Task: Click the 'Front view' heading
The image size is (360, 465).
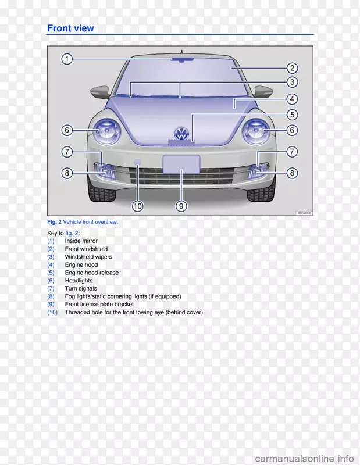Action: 70,28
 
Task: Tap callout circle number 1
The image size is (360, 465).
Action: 67,59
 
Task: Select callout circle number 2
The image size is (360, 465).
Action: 292,68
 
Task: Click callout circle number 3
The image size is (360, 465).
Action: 292,83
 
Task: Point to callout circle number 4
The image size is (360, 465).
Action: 292,99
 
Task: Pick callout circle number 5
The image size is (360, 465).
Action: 292,115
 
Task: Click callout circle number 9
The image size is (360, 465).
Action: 181,206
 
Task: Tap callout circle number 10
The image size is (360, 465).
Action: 137,206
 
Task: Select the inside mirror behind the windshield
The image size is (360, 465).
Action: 181,59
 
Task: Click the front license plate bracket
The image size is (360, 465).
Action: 181,163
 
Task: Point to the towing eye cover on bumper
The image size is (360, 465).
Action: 138,162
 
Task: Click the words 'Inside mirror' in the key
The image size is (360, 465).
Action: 81,241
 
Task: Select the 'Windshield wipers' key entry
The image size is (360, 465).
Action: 88,256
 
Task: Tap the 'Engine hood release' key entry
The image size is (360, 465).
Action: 91,273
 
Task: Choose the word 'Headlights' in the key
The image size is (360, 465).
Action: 79,280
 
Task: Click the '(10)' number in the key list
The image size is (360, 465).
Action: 52,312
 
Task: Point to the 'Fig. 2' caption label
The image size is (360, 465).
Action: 54,222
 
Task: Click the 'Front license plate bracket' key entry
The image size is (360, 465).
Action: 99,304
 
